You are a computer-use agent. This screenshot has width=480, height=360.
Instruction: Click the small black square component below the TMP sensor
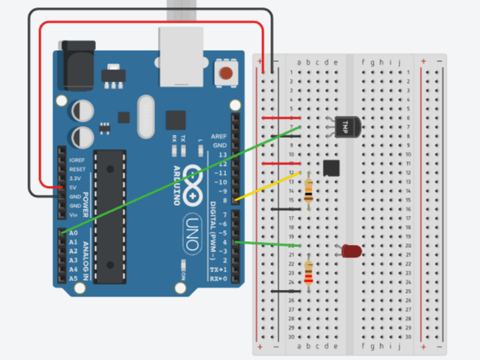click(332, 168)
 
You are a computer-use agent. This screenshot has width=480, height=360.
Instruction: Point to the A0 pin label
click(72, 232)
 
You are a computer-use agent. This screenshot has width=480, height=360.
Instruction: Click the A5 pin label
click(72, 279)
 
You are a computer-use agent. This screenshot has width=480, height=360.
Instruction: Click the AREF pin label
click(219, 137)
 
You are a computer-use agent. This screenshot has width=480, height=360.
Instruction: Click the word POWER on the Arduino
click(86, 188)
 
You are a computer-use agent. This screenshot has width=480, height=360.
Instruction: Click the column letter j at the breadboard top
click(400, 62)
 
